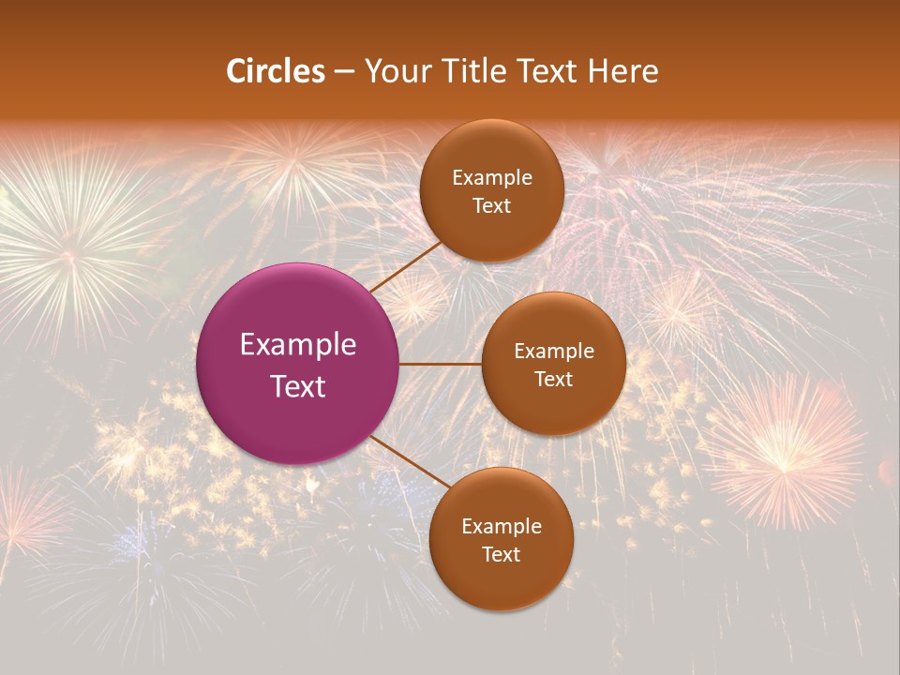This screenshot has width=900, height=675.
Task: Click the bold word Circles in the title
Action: coord(276,71)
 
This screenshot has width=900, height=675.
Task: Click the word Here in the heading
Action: coord(622,71)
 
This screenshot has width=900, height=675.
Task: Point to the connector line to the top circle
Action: coord(405,267)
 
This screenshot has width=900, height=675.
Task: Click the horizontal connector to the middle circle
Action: coord(441,364)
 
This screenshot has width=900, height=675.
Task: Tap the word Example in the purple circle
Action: coord(298,345)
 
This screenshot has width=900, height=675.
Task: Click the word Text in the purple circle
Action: coord(298,386)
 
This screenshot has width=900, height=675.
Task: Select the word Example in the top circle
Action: coord(492,178)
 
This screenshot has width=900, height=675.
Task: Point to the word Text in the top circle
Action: coord(491,206)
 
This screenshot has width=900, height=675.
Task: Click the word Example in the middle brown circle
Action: coord(554,352)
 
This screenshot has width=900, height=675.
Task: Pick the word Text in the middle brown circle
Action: coord(553,380)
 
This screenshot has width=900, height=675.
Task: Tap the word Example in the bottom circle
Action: coord(502,527)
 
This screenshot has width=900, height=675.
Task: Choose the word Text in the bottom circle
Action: coord(501,555)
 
